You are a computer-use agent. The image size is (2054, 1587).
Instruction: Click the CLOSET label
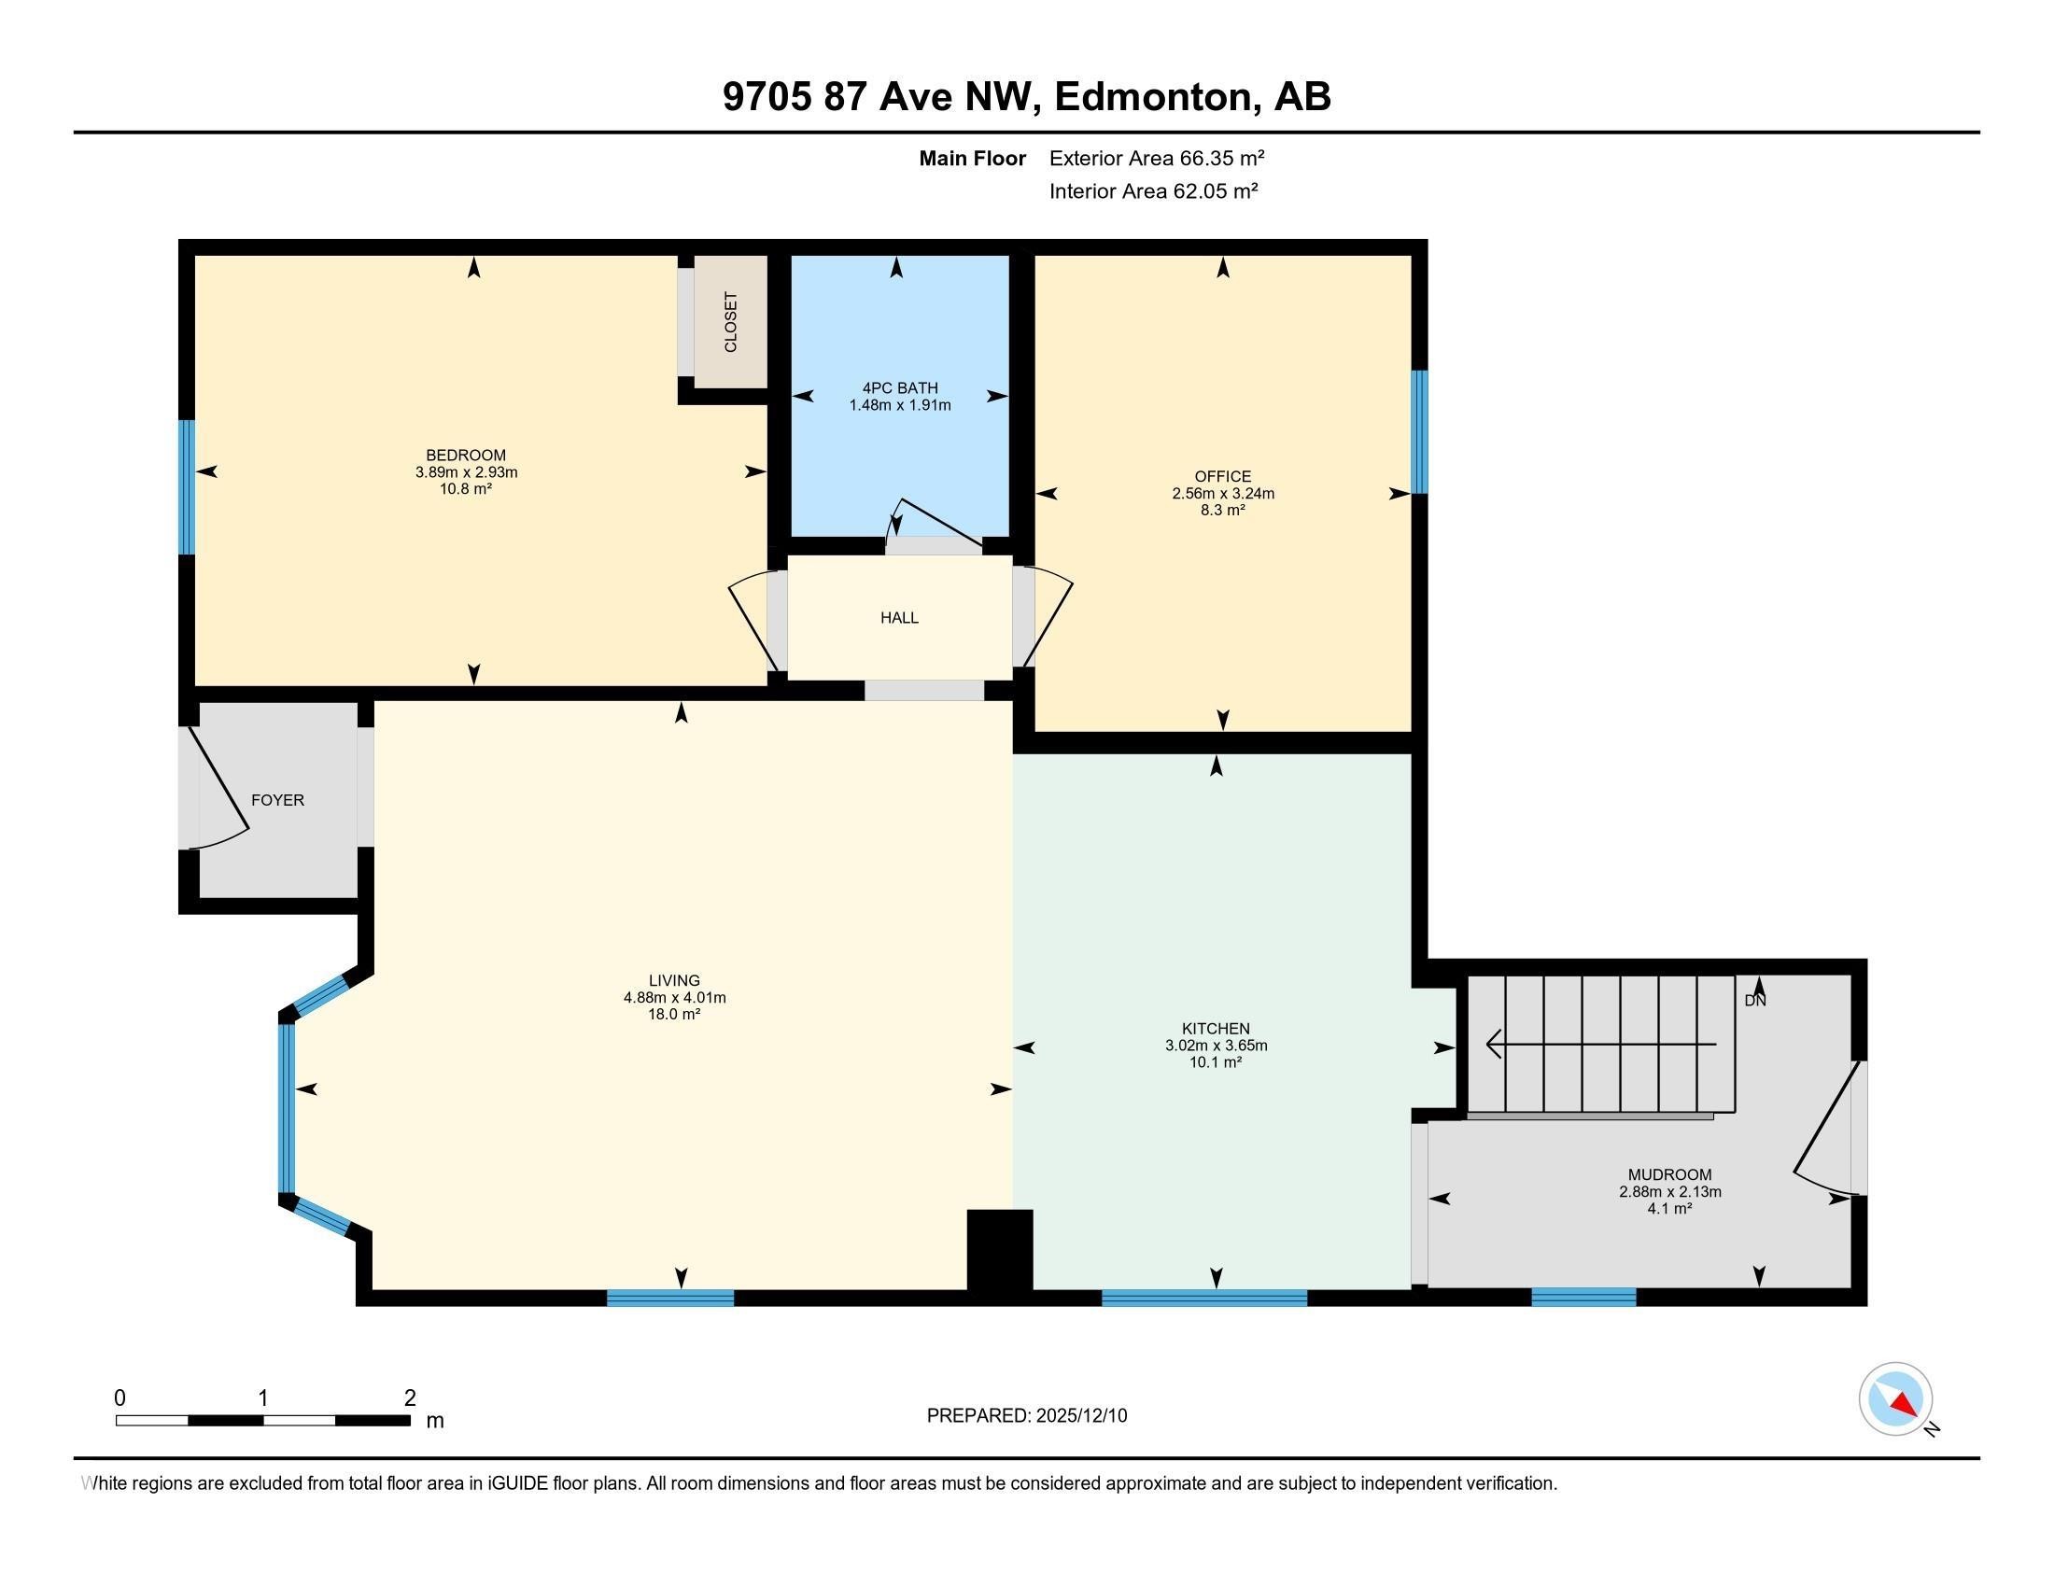(731, 321)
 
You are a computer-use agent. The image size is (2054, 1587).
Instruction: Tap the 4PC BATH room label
(900, 387)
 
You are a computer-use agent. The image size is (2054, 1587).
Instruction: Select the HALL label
(899, 618)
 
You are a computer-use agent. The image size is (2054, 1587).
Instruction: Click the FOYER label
(277, 800)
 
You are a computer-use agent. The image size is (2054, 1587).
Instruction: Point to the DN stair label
(1755, 1001)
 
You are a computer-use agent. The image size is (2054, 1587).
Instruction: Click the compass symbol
(1895, 1399)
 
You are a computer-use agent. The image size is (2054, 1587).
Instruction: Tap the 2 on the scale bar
(409, 1398)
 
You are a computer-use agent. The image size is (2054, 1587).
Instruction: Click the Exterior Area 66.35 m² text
(1156, 158)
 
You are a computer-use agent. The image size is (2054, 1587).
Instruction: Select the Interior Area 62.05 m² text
(1153, 190)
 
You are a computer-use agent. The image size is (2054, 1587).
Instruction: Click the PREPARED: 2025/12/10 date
(1026, 1416)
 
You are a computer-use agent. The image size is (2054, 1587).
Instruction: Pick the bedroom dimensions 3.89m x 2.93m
(467, 472)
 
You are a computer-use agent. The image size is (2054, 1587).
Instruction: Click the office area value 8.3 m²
(1223, 510)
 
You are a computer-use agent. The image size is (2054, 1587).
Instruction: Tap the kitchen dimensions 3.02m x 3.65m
(1216, 1045)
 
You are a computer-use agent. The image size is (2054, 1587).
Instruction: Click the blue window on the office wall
(1419, 431)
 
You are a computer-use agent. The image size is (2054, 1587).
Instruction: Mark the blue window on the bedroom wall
(187, 486)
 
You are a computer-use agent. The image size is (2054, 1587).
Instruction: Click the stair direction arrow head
(1494, 1044)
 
